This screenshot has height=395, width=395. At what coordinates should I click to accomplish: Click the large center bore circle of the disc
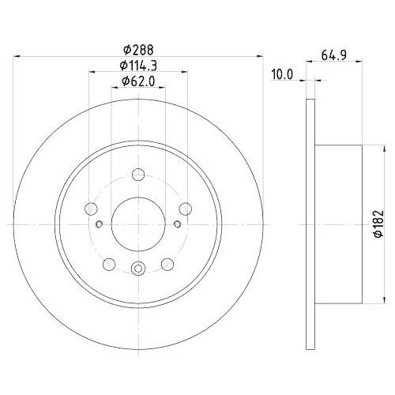click(x=137, y=225)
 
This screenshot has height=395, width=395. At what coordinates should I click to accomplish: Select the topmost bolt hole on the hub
click(x=137, y=175)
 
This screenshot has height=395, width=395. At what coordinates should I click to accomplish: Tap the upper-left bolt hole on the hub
click(x=91, y=209)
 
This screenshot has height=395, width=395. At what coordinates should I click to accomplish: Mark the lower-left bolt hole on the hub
click(x=109, y=264)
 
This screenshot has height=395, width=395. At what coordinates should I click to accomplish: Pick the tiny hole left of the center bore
click(x=98, y=225)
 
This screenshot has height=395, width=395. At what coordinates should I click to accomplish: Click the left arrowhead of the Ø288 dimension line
click(x=18, y=55)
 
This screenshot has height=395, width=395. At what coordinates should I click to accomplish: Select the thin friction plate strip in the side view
click(x=310, y=225)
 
